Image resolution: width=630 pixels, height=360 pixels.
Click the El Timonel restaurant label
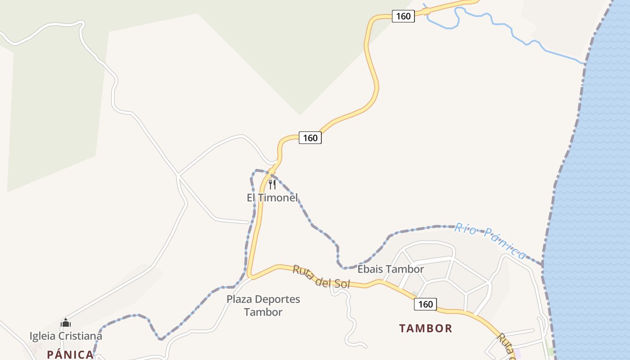[272, 198]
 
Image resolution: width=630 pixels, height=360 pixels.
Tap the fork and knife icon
[272, 184]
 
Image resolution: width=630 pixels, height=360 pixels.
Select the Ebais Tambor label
[391, 269]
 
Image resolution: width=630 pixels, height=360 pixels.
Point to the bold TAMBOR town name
[425, 328]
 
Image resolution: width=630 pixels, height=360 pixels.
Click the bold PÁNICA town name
[70, 355]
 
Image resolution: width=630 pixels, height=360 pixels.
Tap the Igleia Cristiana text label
[66, 336]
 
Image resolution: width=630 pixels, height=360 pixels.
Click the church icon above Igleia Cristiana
[66, 323]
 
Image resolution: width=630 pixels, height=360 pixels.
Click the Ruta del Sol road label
[321, 277]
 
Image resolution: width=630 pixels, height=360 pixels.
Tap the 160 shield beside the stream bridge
[403, 16]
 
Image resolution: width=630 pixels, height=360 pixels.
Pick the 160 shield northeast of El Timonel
[310, 138]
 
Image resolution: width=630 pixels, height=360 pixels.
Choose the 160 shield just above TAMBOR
[425, 304]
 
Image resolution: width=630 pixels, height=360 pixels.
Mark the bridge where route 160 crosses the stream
[426, 11]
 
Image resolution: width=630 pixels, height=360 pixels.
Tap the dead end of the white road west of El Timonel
[247, 222]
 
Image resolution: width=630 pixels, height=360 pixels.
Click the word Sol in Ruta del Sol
[342, 283]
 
